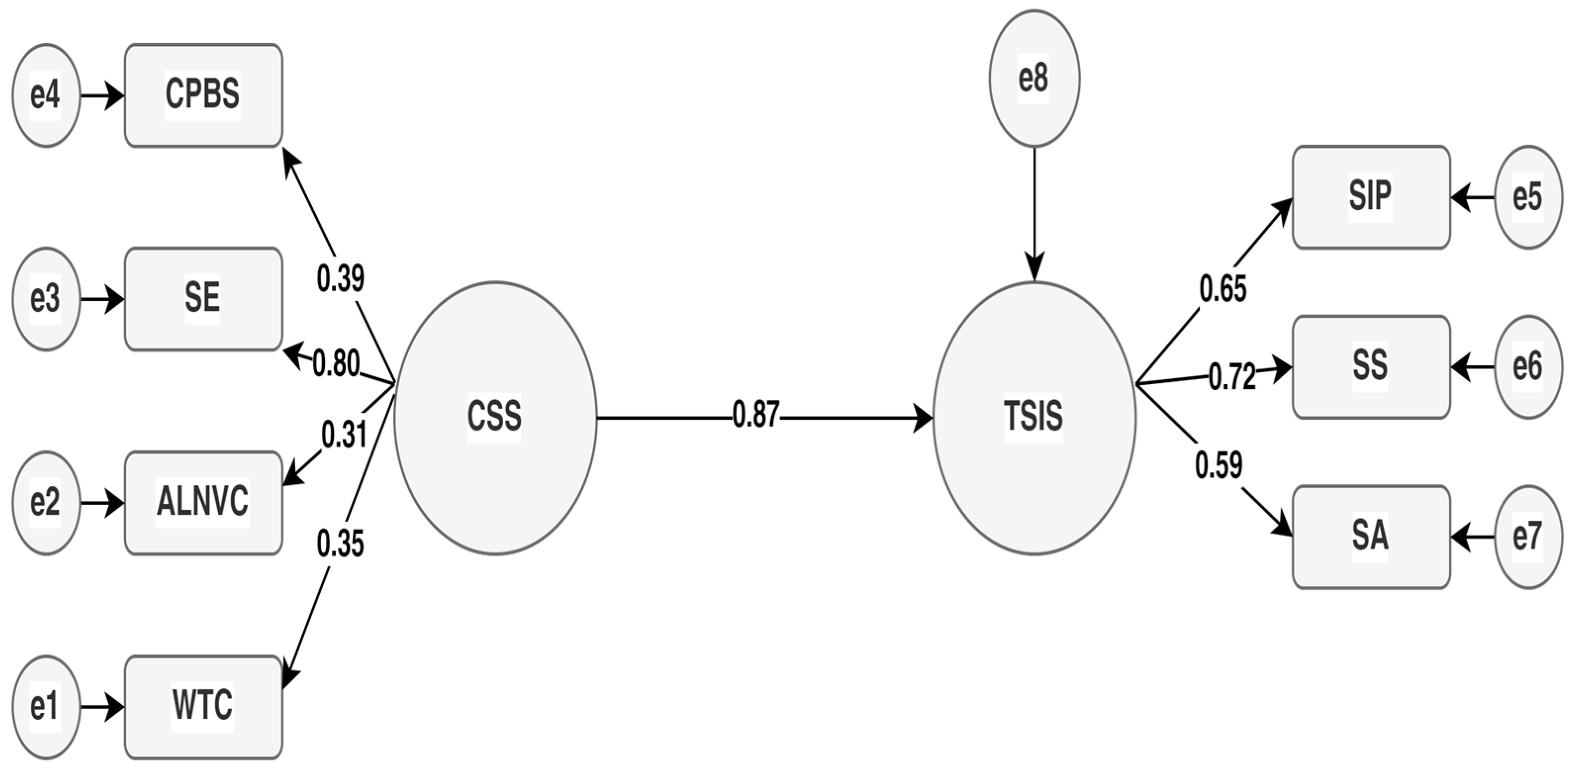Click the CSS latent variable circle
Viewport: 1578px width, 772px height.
coord(495,418)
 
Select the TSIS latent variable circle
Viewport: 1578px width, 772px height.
coord(1034,418)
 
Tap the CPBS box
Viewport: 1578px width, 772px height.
coord(203,95)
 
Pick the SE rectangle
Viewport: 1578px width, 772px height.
coord(203,299)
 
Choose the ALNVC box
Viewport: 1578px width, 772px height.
coord(203,502)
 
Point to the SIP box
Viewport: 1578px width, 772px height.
coord(1371,197)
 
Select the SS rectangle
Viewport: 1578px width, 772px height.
coord(1371,366)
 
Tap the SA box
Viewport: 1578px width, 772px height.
coord(1371,537)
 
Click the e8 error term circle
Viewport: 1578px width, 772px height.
coord(1034,78)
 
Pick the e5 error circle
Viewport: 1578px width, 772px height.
coord(1528,197)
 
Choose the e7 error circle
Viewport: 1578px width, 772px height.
coord(1528,537)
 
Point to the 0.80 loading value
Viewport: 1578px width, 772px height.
coord(336,365)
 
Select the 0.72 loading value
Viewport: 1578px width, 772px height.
coord(1231,377)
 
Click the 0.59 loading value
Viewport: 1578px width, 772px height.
coord(1219,466)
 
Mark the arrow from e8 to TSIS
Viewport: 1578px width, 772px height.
coord(1034,214)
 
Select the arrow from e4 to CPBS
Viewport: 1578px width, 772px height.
coord(102,96)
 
